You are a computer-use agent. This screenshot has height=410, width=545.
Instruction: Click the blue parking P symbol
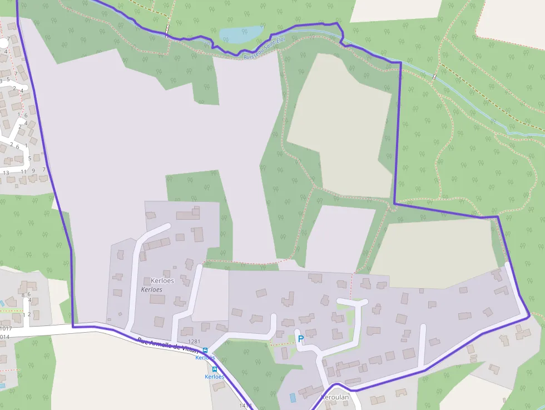click(301, 338)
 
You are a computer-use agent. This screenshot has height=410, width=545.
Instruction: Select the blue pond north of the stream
click(241, 34)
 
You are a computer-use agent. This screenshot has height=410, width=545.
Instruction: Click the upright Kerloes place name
click(162, 280)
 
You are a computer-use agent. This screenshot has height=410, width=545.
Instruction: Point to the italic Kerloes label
click(152, 289)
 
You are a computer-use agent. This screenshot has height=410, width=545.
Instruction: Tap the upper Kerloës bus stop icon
click(205, 350)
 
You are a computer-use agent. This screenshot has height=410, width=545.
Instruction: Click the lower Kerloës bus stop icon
click(215, 369)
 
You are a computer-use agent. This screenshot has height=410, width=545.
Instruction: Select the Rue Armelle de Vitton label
click(167, 345)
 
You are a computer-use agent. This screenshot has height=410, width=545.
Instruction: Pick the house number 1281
click(194, 342)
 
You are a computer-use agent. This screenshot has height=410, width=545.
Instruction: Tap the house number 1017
click(5, 328)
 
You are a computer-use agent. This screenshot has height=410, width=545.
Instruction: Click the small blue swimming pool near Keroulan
click(293, 398)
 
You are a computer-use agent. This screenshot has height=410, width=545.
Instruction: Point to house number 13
click(6, 173)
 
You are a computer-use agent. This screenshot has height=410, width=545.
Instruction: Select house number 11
click(23, 172)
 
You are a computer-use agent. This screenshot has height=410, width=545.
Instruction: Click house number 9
click(33, 171)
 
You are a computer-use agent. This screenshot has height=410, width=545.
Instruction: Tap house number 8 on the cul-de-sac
click(23, 295)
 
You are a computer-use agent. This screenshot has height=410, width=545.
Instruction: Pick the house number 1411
click(245, 406)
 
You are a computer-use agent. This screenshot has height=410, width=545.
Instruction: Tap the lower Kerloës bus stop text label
click(215, 377)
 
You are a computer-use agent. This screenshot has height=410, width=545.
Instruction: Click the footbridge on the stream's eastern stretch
click(434, 76)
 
